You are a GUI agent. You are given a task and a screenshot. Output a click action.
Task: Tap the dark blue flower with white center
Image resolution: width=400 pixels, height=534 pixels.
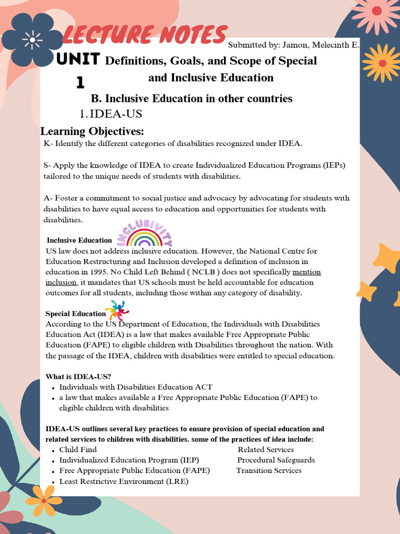click(32, 39)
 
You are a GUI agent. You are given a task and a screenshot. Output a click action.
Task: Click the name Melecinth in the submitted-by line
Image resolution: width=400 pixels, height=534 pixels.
click(329, 45)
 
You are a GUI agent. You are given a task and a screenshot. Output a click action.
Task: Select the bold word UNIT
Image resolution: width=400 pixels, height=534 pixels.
click(78, 59)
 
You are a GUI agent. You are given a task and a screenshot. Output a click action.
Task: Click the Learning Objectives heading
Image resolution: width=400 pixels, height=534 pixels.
click(92, 130)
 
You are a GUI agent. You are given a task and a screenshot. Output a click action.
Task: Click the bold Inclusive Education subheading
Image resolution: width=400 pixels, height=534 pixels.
click(79, 240)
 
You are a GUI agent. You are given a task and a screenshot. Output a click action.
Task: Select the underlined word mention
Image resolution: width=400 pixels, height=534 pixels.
click(307, 272)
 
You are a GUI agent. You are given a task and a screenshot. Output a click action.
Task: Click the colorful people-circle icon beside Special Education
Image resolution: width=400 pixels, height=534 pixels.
click(117, 311)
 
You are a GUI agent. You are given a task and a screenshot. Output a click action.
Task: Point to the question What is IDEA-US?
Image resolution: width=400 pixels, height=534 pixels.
click(78, 377)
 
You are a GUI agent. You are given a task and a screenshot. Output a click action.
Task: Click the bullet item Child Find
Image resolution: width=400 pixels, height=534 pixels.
click(78, 450)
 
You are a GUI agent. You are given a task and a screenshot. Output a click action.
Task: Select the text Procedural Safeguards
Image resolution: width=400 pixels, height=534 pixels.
click(276, 460)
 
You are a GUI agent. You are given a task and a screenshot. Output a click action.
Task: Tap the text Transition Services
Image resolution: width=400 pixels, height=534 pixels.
click(269, 470)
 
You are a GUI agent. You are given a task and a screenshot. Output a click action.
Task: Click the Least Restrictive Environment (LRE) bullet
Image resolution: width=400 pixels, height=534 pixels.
click(123, 481)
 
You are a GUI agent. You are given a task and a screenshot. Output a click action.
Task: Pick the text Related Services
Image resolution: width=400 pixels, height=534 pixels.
click(266, 450)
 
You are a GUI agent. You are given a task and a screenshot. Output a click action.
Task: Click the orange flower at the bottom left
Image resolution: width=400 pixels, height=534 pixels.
click(44, 500)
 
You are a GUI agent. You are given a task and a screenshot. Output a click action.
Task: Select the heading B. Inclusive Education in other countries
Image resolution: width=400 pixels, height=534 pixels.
click(192, 99)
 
